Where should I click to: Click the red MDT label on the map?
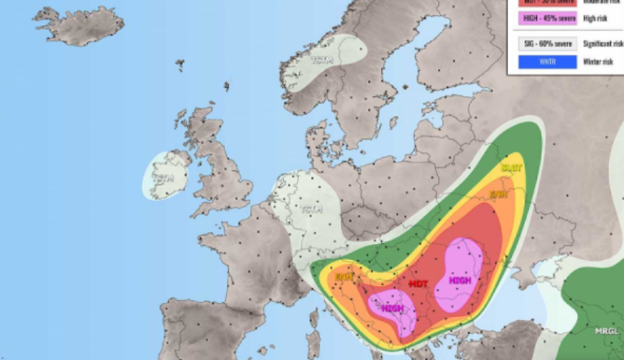(x=418, y=284)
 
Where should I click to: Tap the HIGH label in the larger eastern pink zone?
(x=460, y=280)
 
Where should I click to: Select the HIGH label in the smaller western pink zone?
(x=393, y=309)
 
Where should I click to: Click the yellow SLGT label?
(x=511, y=167)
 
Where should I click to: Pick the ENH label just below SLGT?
(x=498, y=194)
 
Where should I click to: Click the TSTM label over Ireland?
(x=163, y=178)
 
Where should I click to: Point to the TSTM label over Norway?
(x=323, y=60)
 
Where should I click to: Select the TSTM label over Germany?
(x=310, y=210)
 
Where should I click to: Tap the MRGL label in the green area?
(x=605, y=331)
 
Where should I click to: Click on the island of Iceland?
(x=76, y=27)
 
